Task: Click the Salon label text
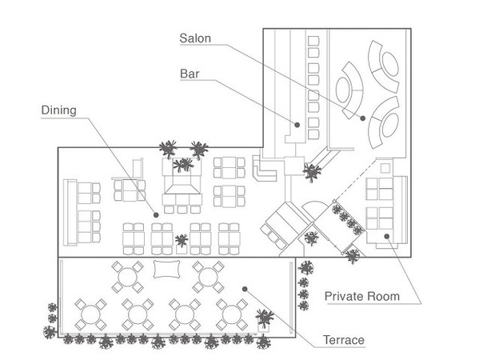195,38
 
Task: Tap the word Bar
190,74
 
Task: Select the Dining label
58,110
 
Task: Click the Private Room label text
362,296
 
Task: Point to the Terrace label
344,340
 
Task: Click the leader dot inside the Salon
362,118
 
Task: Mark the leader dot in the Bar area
297,125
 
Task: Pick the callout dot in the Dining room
156,215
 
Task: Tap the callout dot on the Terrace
245,289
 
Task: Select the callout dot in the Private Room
387,236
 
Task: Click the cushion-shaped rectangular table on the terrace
166,270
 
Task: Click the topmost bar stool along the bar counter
313,41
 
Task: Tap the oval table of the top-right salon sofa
390,64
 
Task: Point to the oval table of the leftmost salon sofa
343,90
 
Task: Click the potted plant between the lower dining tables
182,240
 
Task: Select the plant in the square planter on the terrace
264,318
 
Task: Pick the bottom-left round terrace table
90,314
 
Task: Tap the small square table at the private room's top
385,168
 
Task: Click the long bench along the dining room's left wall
70,213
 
